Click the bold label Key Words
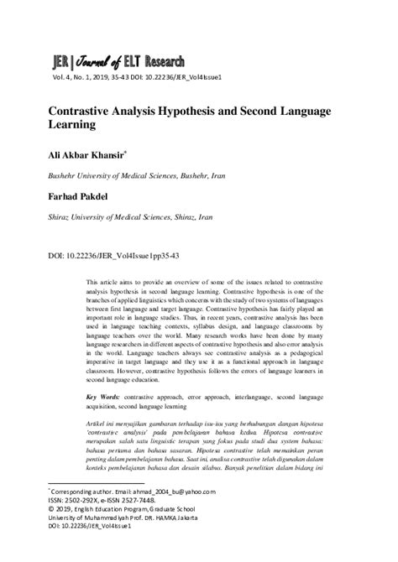click(105, 394)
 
